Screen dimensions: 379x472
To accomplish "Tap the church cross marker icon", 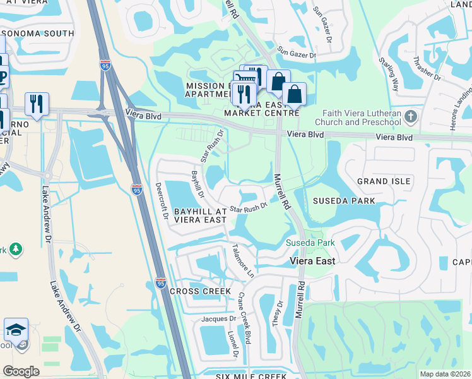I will [x=411, y=116].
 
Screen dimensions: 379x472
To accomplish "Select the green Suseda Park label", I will [x=310, y=243].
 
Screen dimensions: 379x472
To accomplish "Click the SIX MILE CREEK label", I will [x=251, y=376].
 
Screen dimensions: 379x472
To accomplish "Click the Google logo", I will [x=21, y=371].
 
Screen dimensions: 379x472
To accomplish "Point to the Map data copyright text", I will [x=445, y=374].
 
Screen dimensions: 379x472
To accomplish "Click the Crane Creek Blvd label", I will [x=244, y=326].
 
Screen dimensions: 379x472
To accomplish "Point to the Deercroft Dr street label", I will [x=161, y=201].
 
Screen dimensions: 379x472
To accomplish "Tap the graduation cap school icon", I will [x=16, y=330].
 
